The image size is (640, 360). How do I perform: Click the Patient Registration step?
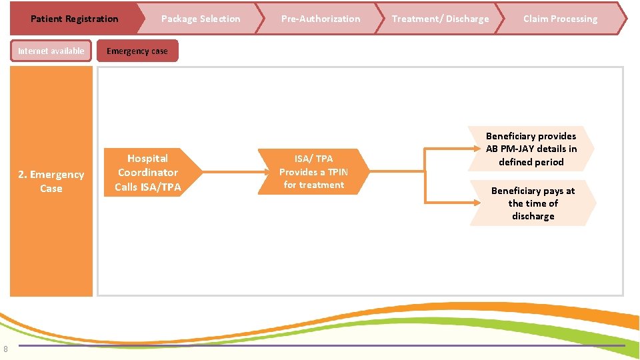click(74, 19)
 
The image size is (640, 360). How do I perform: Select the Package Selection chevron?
click(200, 19)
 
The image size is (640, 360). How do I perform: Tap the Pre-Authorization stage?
click(320, 19)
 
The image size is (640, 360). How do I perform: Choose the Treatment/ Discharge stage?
click(440, 19)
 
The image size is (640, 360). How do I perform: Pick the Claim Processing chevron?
click(560, 19)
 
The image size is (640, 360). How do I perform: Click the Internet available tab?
click(51, 51)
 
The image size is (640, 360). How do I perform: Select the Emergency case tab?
click(137, 51)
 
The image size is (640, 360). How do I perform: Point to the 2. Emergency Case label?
click(51, 181)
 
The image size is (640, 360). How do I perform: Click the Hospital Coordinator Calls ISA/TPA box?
click(148, 172)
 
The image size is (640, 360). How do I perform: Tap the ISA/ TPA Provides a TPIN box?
click(313, 172)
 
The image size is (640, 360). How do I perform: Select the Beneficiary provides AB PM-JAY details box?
click(531, 149)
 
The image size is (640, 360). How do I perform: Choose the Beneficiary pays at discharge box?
click(533, 203)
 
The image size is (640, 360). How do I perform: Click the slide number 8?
click(5, 348)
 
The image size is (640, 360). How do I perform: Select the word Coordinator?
click(148, 172)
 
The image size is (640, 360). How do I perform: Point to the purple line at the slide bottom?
click(320, 345)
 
